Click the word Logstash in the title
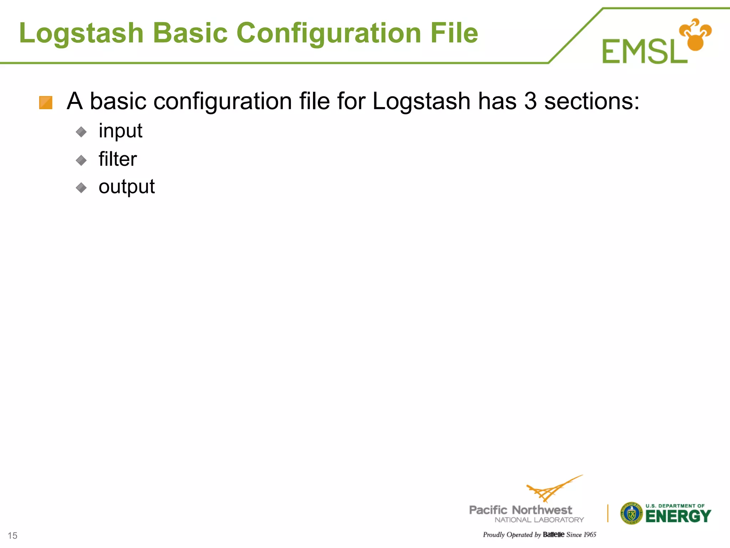pos(81,33)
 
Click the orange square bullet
pos(46,103)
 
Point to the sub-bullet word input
pos(120,131)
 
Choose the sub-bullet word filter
pos(118,159)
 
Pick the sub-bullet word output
pos(127,187)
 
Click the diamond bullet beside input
pos(81,132)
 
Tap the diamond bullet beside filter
pos(81,160)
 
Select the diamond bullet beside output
pos(81,188)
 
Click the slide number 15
pos(12,536)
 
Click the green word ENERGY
pos(678,516)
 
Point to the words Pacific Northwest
pos(520,510)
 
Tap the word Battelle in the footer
pos(554,534)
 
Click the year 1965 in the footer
pos(590,534)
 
